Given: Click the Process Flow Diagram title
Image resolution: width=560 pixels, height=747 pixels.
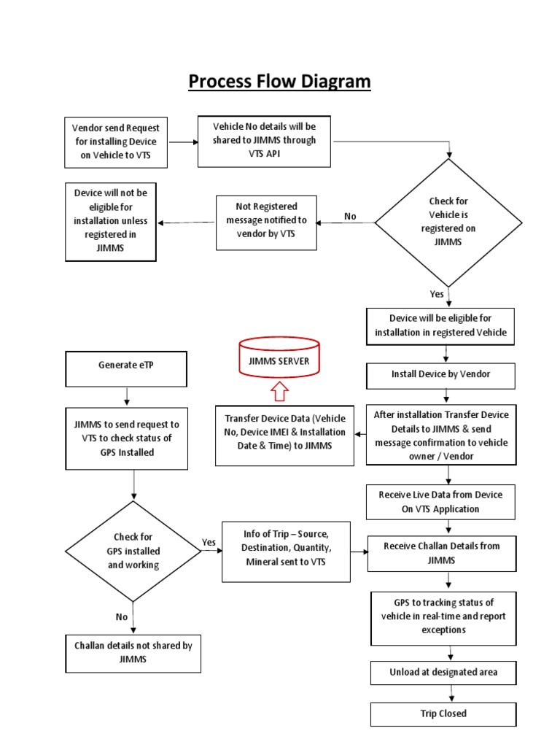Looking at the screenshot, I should click(279, 82).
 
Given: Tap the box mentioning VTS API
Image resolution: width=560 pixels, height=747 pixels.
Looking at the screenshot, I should click(264, 140).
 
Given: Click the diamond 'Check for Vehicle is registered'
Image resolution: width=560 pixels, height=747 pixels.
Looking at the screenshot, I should click(448, 222).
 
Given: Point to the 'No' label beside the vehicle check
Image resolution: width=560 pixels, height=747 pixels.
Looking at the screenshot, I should click(350, 217).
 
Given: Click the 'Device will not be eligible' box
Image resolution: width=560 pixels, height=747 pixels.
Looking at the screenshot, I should click(110, 221).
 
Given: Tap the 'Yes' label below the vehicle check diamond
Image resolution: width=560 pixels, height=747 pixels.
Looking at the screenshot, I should click(437, 294).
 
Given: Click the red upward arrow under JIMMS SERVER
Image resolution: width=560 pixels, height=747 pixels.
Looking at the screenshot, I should click(279, 394).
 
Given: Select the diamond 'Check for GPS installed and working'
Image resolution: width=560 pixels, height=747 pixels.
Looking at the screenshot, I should click(133, 551).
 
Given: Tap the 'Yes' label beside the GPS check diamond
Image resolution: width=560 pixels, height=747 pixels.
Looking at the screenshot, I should click(209, 542).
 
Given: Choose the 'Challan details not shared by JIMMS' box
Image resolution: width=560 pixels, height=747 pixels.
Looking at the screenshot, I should click(133, 652).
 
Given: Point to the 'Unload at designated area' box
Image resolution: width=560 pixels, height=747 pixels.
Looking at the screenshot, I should click(443, 672).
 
